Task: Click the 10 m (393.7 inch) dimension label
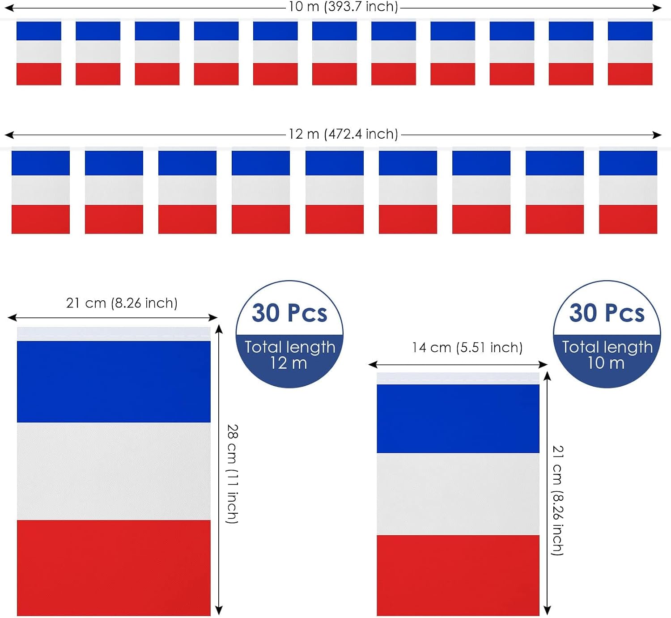pos(343,7)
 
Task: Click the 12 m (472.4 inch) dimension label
pos(343,134)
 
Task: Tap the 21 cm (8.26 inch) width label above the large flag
pos(122,303)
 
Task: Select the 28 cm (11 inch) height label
pos(233,474)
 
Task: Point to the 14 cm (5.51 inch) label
pos(467,348)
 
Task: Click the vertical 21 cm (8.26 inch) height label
pos(558,500)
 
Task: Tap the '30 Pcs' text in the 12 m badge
pos(289,313)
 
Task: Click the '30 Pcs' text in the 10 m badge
pos(607,313)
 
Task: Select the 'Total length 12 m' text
pos(290,355)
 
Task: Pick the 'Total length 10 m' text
pos(607,355)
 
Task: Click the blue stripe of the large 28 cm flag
pos(114,382)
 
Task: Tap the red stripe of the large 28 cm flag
pos(114,568)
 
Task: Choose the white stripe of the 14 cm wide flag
pos(458,494)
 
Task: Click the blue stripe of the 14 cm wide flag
pos(458,418)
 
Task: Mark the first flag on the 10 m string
pos(39,52)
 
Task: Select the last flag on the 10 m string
pos(630,52)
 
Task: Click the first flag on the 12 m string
pos(40,190)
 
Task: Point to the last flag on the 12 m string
pos(628,190)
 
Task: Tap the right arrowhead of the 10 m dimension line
pos(658,8)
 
